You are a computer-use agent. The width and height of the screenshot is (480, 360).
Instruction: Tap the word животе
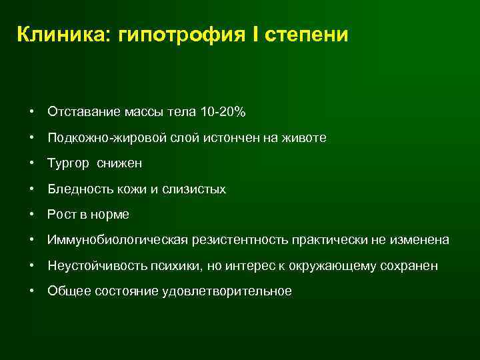click(303, 138)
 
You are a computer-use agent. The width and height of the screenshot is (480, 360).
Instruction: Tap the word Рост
click(61, 215)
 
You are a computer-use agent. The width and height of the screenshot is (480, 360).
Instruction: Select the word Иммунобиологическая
click(117, 240)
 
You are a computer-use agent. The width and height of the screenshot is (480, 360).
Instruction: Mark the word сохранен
click(411, 266)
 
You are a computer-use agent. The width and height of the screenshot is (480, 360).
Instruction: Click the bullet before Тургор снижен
click(32, 164)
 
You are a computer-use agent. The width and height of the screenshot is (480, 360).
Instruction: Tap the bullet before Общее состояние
click(32, 291)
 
